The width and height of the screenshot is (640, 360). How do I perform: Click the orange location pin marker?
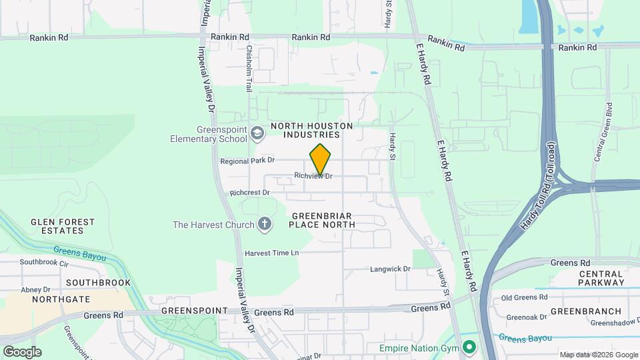[321, 160]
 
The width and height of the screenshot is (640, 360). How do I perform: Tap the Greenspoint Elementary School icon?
[257, 134]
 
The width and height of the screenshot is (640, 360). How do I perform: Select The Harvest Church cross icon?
[265, 224]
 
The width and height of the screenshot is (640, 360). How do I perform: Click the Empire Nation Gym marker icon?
[469, 347]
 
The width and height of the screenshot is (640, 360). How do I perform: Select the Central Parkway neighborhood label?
[601, 278]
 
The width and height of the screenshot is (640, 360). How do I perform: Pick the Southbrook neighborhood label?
[99, 283]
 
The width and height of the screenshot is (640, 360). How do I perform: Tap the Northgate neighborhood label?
[61, 299]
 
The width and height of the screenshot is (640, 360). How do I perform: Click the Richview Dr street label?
[313, 176]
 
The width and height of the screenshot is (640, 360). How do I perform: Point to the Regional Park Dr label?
[247, 161]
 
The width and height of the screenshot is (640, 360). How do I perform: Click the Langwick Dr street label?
[391, 269]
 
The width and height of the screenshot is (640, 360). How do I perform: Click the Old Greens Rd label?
[524, 298]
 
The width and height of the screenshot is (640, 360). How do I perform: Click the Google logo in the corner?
[22, 351]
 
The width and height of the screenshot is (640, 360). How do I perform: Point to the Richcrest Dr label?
[249, 193]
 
